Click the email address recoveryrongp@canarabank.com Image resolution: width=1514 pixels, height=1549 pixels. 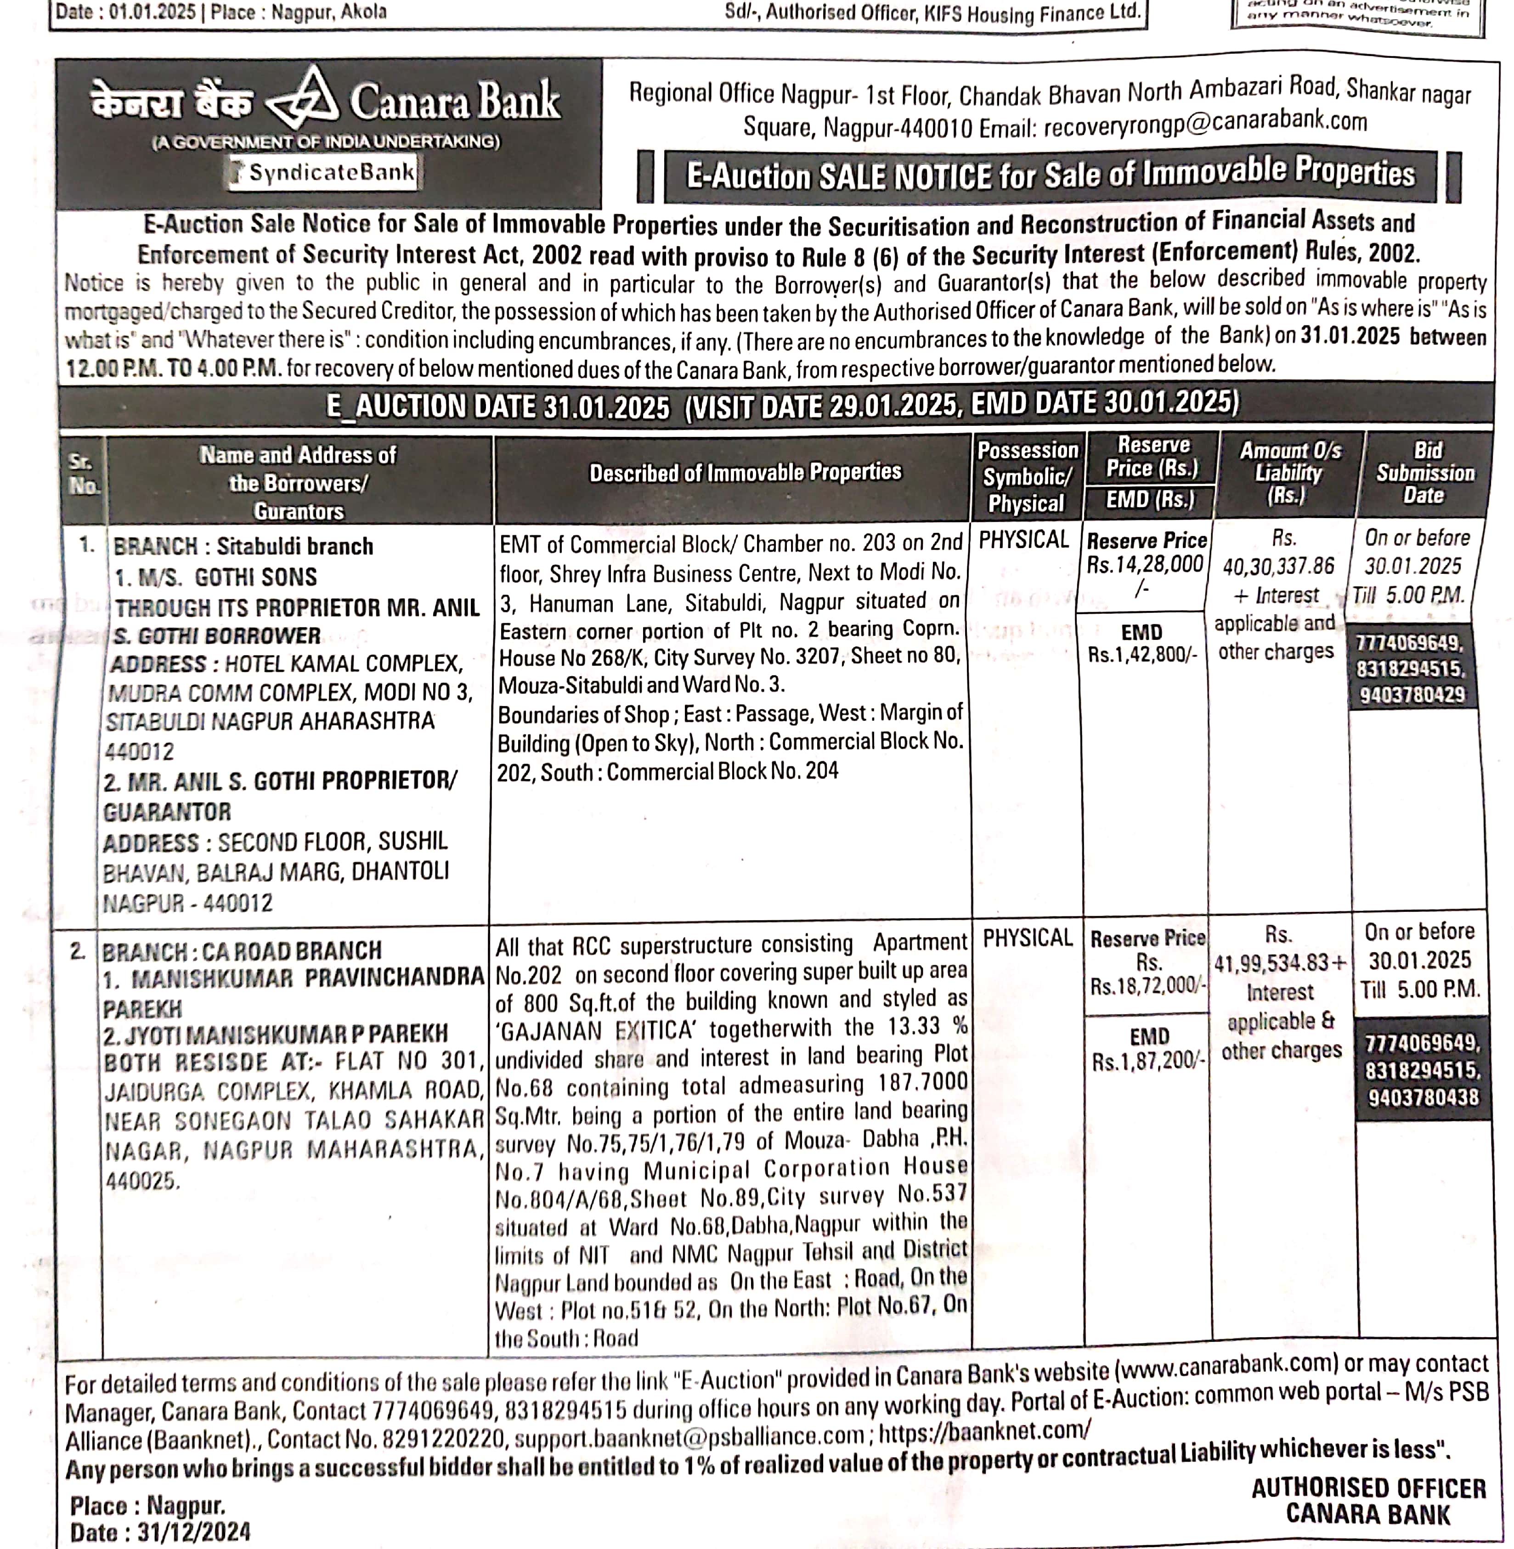[x=1205, y=123]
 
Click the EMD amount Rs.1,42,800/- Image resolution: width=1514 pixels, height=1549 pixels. [x=1142, y=658]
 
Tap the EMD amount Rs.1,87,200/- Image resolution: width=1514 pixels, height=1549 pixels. [x=1148, y=1062]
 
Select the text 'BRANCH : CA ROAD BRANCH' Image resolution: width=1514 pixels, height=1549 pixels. [x=242, y=951]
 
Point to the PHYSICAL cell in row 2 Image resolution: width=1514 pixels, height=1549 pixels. [x=1028, y=939]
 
